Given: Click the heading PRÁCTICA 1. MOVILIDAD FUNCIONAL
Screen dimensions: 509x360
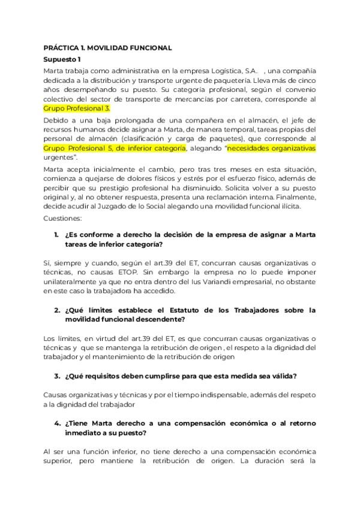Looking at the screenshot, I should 108,47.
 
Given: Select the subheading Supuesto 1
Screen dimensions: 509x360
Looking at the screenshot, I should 62,59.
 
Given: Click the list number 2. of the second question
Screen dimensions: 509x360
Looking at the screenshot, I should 56,310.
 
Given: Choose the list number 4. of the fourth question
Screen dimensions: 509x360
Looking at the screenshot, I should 56,423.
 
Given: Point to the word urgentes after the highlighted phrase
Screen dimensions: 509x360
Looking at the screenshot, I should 58,157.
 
